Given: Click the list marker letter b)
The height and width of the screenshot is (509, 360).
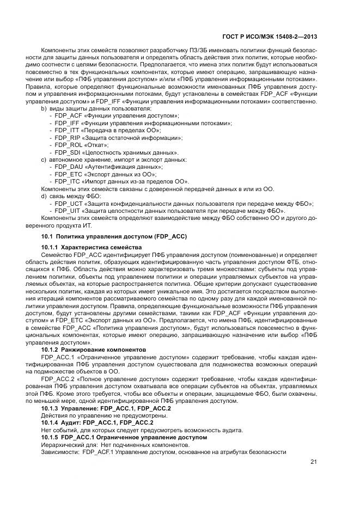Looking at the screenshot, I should coord(44,109).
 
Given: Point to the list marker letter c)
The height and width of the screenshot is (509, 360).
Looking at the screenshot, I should coord(44,160).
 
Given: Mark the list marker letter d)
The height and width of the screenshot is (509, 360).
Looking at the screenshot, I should coord(44,195).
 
